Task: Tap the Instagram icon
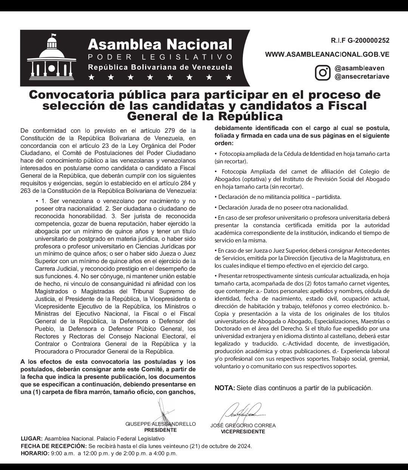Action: pos(323,72)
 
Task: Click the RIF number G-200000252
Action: pos(360,40)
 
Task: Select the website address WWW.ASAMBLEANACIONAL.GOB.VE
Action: pos(327,54)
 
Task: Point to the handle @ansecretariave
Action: pos(362,76)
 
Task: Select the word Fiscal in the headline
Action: pos(347,105)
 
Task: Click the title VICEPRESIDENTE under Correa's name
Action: pos(243,431)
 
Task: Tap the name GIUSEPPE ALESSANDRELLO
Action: pos(161,424)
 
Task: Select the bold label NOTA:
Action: pos(225,388)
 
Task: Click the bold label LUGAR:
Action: pos(32,439)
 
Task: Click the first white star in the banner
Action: pos(91,78)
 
